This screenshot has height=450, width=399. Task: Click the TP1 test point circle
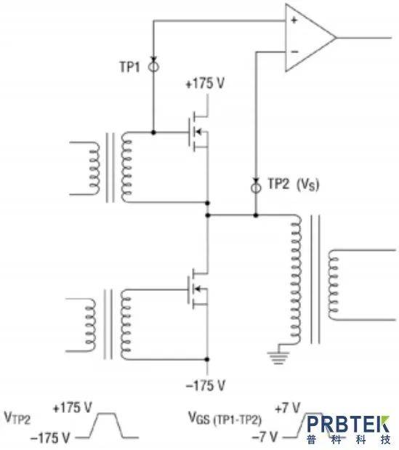153,67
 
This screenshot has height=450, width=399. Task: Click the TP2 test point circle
256,188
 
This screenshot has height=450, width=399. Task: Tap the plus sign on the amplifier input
294,20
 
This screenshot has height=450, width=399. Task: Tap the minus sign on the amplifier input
294,52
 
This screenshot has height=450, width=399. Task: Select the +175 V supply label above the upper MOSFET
205,84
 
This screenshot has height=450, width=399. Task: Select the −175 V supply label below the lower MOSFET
206,385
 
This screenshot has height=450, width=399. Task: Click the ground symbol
278,358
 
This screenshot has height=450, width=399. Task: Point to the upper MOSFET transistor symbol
198,132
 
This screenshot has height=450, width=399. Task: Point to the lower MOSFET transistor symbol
198,289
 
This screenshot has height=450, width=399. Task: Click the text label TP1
129,67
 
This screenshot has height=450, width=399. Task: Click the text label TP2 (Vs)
293,184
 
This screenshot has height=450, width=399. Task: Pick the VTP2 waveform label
17,418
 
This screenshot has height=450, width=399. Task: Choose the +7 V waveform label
287,408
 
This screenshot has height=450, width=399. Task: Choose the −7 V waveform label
265,437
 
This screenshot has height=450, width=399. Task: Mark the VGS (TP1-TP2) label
225,419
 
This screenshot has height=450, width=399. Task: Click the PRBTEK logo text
348,424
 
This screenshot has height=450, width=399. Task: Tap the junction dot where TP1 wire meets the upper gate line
153,132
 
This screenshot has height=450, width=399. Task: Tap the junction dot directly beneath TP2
256,215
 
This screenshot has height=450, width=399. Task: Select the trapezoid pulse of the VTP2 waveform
107,425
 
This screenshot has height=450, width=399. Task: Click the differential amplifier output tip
336,37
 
